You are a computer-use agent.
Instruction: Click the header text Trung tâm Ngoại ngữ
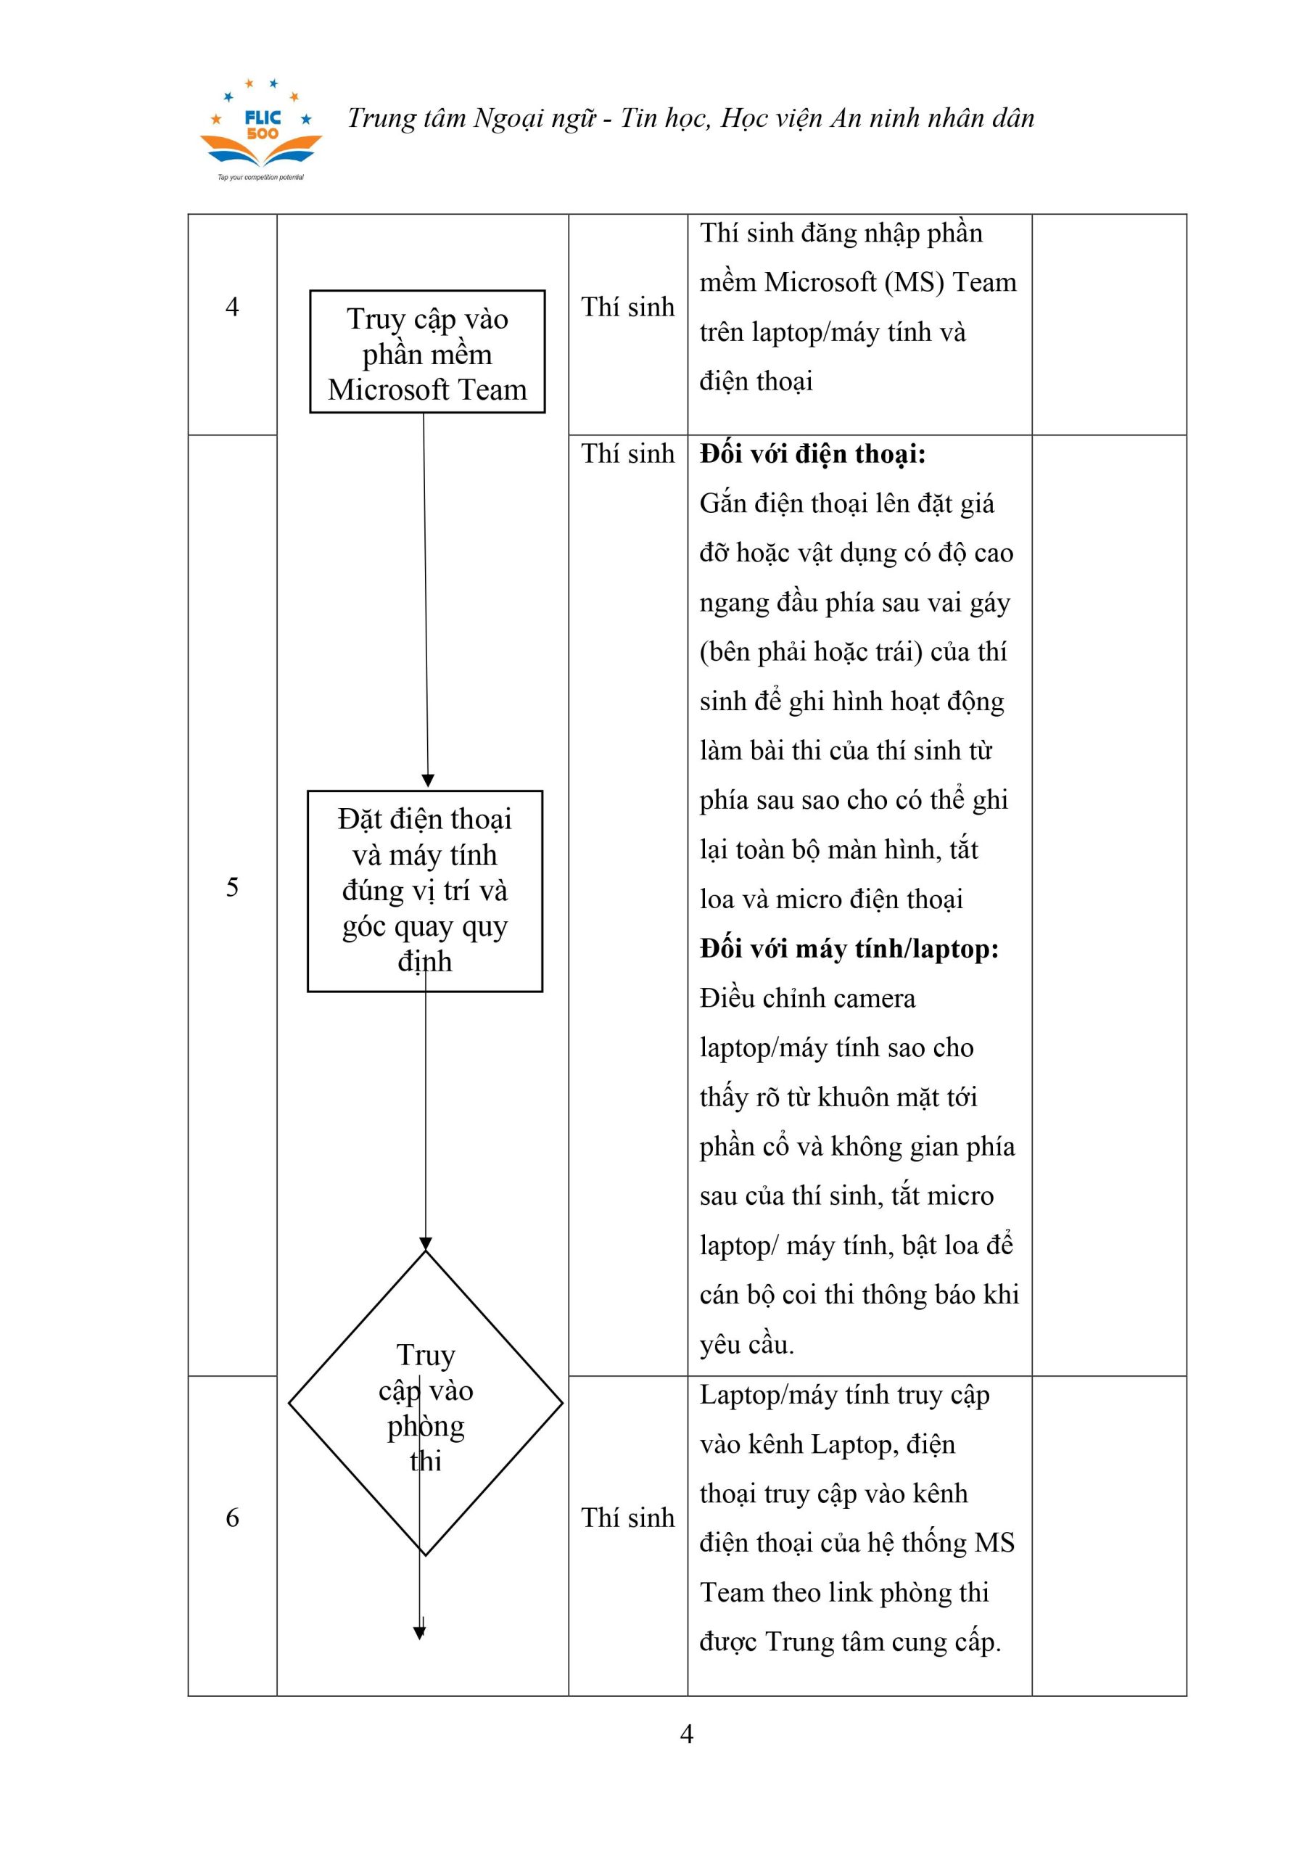click(471, 119)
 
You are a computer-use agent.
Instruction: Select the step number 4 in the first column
click(232, 307)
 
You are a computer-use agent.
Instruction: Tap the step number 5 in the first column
click(232, 887)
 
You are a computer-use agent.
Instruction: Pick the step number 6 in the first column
click(232, 1518)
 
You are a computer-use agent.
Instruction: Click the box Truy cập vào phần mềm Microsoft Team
click(427, 353)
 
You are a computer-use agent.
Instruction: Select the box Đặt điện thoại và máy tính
click(425, 891)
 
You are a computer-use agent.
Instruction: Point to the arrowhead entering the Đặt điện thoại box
click(428, 781)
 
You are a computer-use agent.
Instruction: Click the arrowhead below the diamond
click(419, 1633)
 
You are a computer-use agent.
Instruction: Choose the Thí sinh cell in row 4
click(627, 308)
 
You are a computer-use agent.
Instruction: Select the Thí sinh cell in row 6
click(627, 1518)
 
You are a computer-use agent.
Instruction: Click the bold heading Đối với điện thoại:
click(812, 455)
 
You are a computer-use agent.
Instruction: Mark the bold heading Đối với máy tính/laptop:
click(849, 949)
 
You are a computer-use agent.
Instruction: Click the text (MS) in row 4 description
click(914, 282)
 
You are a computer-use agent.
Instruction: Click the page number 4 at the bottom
click(687, 1734)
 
